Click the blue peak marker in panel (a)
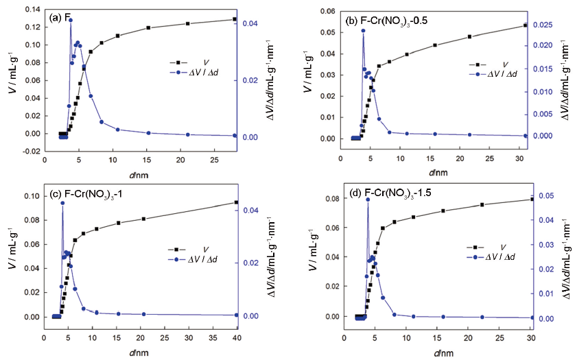[x=71, y=20]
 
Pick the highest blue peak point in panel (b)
[x=363, y=31]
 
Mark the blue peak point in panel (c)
[x=62, y=203]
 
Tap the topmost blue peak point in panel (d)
[x=368, y=200]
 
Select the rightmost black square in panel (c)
[x=237, y=202]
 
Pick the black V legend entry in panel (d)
[x=480, y=247]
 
